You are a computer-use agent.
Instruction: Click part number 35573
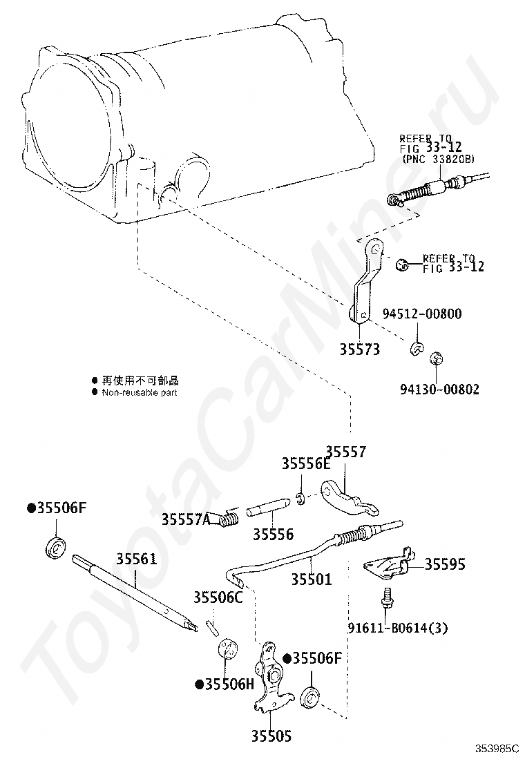tap(360, 349)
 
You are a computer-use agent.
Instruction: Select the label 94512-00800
tap(422, 314)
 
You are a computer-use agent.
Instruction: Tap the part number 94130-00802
tap(440, 390)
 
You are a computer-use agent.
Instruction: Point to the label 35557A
tap(186, 519)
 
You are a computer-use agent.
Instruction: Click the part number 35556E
tap(306, 463)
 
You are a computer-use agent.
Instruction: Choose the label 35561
tap(137, 559)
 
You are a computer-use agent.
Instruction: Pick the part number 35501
tap(312, 579)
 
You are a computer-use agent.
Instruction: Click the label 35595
tap(445, 564)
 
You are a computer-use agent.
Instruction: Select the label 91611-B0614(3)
tap(398, 627)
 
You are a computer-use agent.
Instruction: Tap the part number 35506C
tap(218, 597)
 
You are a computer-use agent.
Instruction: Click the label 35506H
tap(225, 684)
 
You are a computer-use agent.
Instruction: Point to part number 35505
tap(271, 736)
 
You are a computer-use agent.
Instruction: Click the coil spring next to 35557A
tap(229, 518)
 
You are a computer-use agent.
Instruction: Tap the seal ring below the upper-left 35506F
tap(57, 547)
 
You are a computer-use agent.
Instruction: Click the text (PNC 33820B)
tap(439, 159)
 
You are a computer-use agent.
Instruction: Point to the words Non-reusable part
tap(140, 392)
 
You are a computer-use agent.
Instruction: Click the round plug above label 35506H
tap(227, 649)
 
